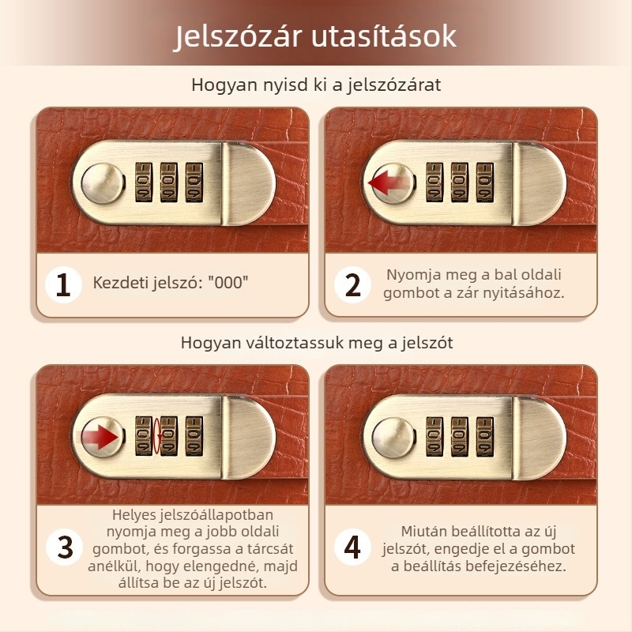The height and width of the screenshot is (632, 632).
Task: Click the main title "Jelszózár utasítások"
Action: [315, 36]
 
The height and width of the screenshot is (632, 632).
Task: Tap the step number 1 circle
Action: [64, 284]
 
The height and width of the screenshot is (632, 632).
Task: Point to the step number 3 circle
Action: [64, 547]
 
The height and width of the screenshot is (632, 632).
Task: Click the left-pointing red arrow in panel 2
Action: [388, 184]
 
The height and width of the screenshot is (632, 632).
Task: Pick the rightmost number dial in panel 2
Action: [483, 182]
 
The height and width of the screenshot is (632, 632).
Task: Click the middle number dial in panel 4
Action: [459, 436]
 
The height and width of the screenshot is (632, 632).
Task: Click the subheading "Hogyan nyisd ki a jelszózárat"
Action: [316, 85]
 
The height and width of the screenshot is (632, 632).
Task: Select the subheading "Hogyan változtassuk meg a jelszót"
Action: [316, 343]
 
